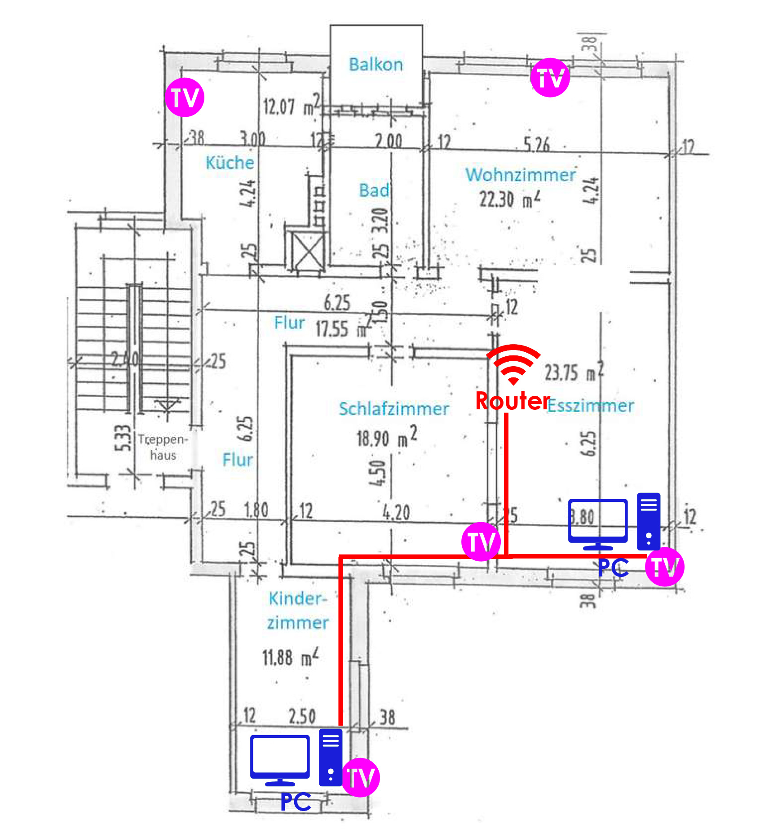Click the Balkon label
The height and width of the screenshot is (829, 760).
pyautogui.click(x=376, y=65)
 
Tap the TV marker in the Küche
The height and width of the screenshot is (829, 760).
pyautogui.click(x=185, y=98)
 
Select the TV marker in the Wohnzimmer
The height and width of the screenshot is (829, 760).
pyautogui.click(x=550, y=77)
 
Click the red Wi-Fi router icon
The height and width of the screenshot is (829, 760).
pyautogui.click(x=513, y=364)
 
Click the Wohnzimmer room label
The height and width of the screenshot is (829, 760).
pyautogui.click(x=520, y=175)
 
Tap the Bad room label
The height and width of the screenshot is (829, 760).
pyautogui.click(x=374, y=190)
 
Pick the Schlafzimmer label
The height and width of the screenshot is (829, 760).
pyautogui.click(x=393, y=409)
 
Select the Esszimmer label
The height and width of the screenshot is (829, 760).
pyautogui.click(x=591, y=406)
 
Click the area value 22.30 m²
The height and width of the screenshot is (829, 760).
pyautogui.click(x=510, y=199)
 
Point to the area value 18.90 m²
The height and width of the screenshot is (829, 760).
pyautogui.click(x=387, y=437)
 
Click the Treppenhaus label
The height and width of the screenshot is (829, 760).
pyautogui.click(x=163, y=447)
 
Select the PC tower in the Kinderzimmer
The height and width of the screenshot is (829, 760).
pyautogui.click(x=331, y=757)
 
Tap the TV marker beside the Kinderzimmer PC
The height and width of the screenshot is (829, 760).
pyautogui.click(x=361, y=777)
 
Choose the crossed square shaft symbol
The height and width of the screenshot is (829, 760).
pyautogui.click(x=307, y=251)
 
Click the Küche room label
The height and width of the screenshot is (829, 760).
pyautogui.click(x=230, y=163)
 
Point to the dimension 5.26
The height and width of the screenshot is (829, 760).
pyautogui.click(x=536, y=145)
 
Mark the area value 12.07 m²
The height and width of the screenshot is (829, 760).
pyautogui.click(x=292, y=106)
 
